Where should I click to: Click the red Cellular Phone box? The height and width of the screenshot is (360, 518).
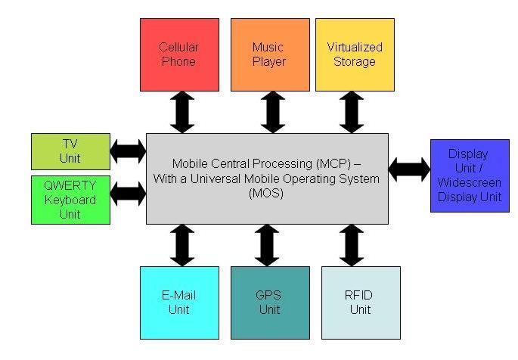click(x=179, y=54)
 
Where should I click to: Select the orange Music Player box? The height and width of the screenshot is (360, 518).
click(x=270, y=54)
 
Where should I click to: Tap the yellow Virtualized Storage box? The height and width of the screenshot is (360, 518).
click(x=355, y=54)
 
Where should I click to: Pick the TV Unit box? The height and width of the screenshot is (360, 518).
click(x=70, y=151)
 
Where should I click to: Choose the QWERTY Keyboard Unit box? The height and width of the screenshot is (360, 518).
click(x=70, y=200)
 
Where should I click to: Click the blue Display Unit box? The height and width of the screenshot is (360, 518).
click(x=470, y=175)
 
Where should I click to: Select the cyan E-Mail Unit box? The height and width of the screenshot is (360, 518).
click(x=179, y=303)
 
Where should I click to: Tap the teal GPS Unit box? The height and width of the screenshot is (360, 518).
click(x=270, y=303)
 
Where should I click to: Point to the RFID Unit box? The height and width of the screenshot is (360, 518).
click(x=361, y=303)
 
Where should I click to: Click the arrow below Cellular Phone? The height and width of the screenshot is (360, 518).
click(x=182, y=112)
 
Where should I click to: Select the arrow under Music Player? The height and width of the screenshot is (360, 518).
click(x=273, y=112)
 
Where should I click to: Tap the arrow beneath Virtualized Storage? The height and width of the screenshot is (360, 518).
click(x=352, y=112)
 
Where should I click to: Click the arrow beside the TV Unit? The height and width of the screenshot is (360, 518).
click(x=129, y=151)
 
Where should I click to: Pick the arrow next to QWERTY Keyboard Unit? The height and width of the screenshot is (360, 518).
click(x=129, y=194)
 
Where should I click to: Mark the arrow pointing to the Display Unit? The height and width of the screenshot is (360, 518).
click(x=409, y=169)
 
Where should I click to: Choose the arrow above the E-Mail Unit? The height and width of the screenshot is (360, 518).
click(x=182, y=245)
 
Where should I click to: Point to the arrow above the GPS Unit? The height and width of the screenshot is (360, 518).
click(x=267, y=245)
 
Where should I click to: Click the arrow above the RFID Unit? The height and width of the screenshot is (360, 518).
click(x=352, y=245)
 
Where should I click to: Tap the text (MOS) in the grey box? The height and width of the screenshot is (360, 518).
click(x=266, y=193)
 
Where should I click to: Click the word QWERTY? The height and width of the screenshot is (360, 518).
click(x=70, y=185)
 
